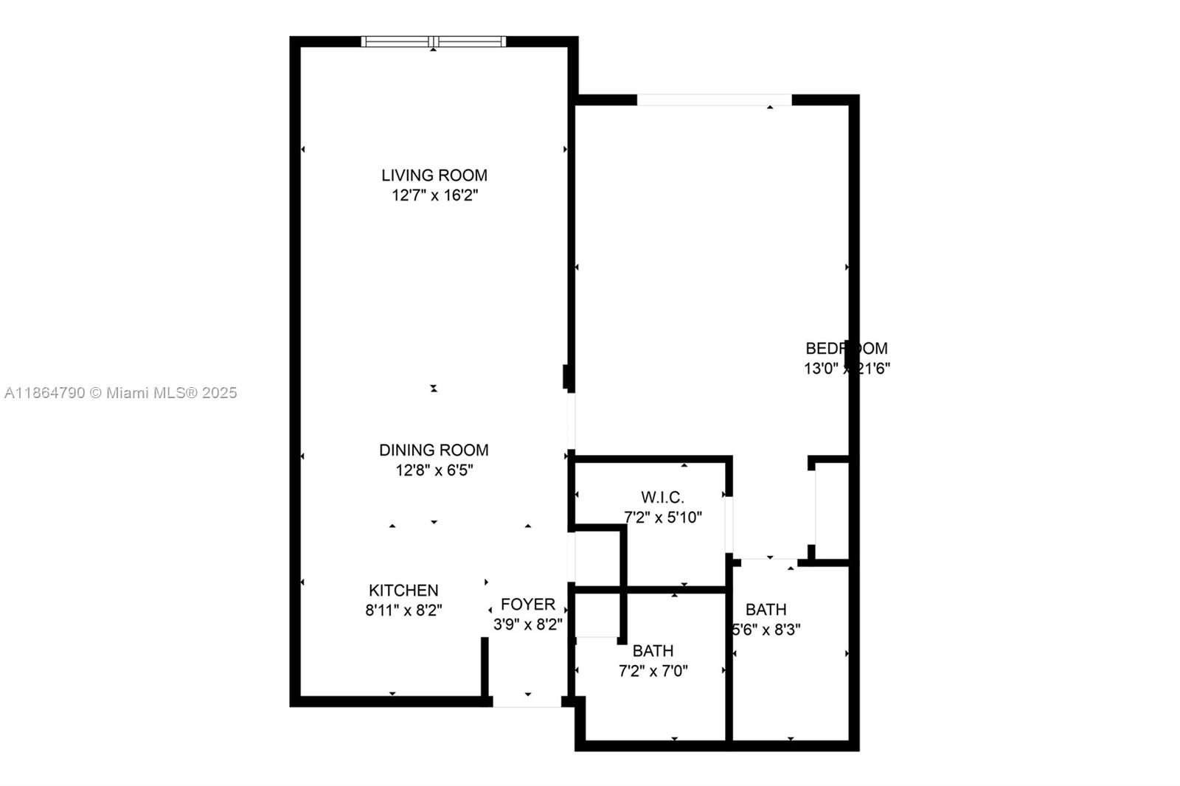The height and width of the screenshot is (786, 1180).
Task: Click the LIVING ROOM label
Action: pyautogui.click(x=434, y=175)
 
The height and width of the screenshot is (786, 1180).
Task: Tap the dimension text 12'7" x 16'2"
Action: pyautogui.click(x=434, y=195)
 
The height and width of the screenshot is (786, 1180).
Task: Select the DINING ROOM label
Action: pyautogui.click(x=434, y=450)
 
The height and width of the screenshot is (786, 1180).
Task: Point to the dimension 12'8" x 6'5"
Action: pyautogui.click(x=434, y=470)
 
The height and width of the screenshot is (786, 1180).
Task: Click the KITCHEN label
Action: pyautogui.click(x=403, y=591)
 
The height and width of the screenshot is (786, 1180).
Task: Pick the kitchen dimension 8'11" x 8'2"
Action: pyautogui.click(x=403, y=611)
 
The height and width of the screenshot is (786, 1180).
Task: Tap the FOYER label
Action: pyautogui.click(x=527, y=605)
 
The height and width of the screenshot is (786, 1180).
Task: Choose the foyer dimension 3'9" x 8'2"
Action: pyautogui.click(x=527, y=625)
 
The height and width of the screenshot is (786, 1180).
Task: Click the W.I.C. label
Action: pyautogui.click(x=662, y=498)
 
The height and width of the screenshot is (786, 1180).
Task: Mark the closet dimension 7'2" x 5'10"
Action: pyautogui.click(x=662, y=518)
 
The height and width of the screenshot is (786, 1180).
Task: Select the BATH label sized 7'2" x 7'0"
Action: pyautogui.click(x=653, y=651)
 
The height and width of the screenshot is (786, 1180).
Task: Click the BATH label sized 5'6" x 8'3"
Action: pyautogui.click(x=766, y=610)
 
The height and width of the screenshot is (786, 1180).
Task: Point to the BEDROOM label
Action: pyautogui.click(x=846, y=348)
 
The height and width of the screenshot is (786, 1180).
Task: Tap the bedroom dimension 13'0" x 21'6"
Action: pyautogui.click(x=846, y=368)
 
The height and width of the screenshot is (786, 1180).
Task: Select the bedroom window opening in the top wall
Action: pyautogui.click(x=714, y=100)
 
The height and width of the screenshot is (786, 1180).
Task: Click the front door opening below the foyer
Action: pyautogui.click(x=527, y=702)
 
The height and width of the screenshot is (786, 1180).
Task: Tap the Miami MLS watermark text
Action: pyautogui.click(x=120, y=393)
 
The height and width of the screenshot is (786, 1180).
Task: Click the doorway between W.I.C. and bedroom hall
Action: pyautogui.click(x=729, y=525)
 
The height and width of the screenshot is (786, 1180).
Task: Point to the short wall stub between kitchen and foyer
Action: pyautogui.click(x=485, y=667)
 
